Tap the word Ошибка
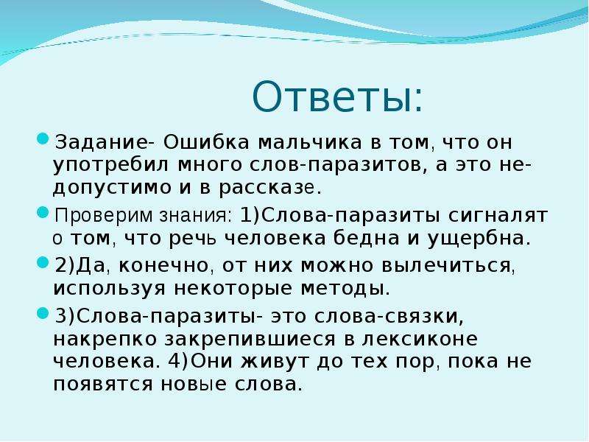(x=206, y=142)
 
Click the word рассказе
(x=267, y=188)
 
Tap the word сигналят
(x=498, y=215)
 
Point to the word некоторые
(x=233, y=288)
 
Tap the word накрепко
(x=105, y=339)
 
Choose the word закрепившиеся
(x=250, y=339)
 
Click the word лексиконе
(x=420, y=339)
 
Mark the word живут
(x=277, y=362)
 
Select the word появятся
(x=103, y=384)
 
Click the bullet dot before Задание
(x=43, y=139)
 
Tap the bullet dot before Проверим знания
(x=43, y=212)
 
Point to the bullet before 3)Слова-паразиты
(x=43, y=312)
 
